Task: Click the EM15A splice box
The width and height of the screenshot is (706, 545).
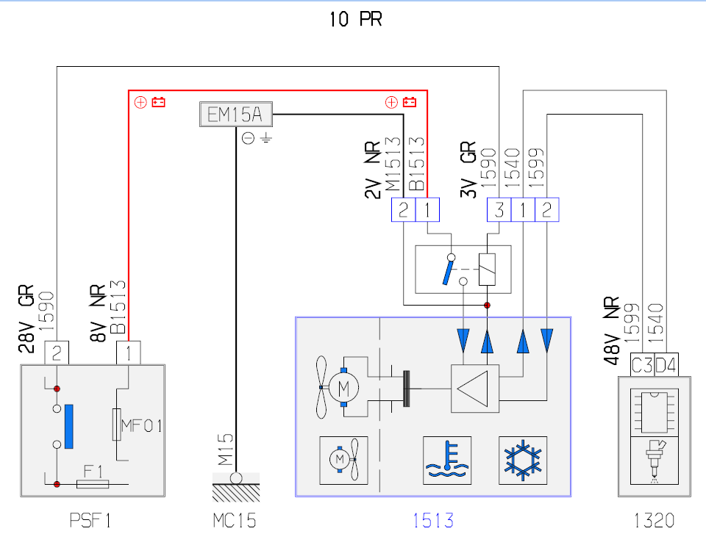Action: click(x=236, y=115)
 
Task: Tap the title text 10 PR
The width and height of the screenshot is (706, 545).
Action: click(x=356, y=19)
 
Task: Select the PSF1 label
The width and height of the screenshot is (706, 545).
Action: click(x=90, y=521)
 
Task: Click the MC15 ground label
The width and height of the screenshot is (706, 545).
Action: click(x=235, y=521)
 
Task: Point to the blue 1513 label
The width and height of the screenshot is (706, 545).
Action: click(x=433, y=521)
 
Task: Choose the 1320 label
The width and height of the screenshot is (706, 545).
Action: click(x=654, y=521)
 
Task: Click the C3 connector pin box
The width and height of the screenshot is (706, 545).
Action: click(x=642, y=365)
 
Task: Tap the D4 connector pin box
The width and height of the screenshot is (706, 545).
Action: click(x=666, y=365)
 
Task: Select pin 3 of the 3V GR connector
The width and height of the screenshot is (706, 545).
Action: click(x=499, y=209)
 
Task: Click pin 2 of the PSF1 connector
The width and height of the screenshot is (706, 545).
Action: click(x=57, y=353)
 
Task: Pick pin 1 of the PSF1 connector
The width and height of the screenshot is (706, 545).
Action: click(x=128, y=353)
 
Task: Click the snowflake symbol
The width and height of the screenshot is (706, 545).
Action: click(x=523, y=461)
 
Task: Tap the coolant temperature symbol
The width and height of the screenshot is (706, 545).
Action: click(x=447, y=461)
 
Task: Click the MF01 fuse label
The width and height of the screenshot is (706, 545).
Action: click(x=142, y=425)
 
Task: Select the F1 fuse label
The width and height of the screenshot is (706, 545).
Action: click(x=93, y=472)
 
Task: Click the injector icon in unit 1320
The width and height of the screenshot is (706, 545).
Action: click(x=655, y=461)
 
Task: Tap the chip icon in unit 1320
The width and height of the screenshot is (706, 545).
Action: click(x=655, y=412)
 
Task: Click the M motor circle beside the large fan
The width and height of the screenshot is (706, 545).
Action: click(x=343, y=388)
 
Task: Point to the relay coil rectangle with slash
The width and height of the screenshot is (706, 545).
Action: click(x=487, y=270)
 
